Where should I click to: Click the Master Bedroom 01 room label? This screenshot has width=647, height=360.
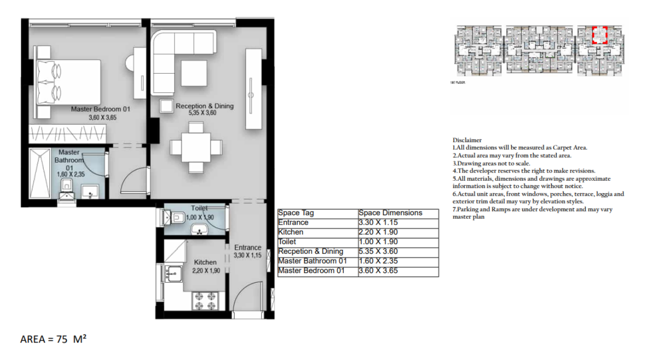point(101,109)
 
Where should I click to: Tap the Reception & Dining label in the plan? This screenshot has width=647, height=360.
point(204,106)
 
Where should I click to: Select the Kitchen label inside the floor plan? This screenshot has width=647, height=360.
point(204,262)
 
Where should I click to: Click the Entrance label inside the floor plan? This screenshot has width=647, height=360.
point(248,248)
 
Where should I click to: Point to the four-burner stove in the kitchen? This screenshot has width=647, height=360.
point(206,300)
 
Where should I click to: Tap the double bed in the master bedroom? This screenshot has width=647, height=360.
point(68,82)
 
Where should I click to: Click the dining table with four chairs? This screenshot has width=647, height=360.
point(196,147)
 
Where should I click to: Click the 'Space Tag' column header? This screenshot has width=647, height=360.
point(296,213)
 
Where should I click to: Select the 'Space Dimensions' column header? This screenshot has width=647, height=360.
point(390,213)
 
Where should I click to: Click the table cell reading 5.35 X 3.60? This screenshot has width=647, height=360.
point(378,251)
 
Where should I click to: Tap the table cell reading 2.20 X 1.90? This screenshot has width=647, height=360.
point(378,232)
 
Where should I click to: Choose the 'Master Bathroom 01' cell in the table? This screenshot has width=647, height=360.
point(312,261)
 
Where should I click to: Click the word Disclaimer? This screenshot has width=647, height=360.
point(467,140)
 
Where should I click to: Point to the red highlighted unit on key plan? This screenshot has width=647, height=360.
point(600,35)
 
